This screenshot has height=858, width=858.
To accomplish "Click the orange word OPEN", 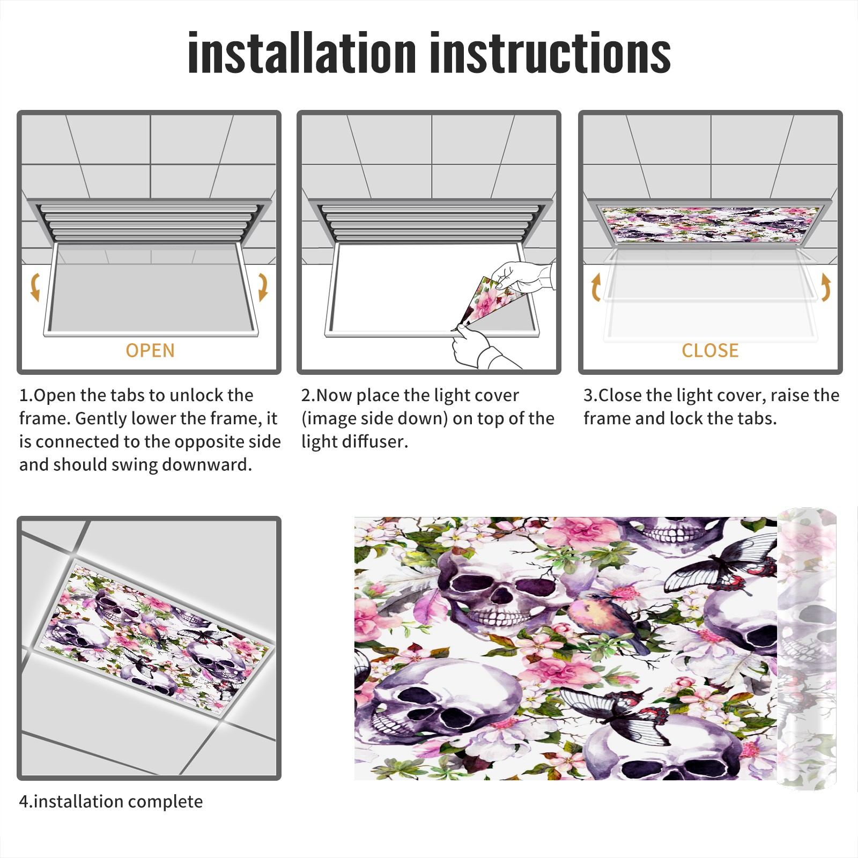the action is pyautogui.click(x=150, y=351).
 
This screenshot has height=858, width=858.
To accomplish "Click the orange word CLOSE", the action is pyautogui.click(x=710, y=351).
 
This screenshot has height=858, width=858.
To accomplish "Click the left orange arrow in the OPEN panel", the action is pyautogui.click(x=35, y=287).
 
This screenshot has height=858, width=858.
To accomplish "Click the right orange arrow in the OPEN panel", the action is pyautogui.click(x=263, y=287).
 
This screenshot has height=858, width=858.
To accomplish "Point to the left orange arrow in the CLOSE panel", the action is pyautogui.click(x=596, y=287).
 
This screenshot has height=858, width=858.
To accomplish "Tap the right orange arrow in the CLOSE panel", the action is pyautogui.click(x=826, y=287).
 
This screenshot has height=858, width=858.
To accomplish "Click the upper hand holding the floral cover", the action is pyautogui.click(x=523, y=278).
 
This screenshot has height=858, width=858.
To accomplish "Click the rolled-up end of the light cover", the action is pyautogui.click(x=807, y=649).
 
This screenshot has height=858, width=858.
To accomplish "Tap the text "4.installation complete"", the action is pyautogui.click(x=111, y=802).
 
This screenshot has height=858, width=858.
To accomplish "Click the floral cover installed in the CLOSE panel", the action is pyautogui.click(x=711, y=224).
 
